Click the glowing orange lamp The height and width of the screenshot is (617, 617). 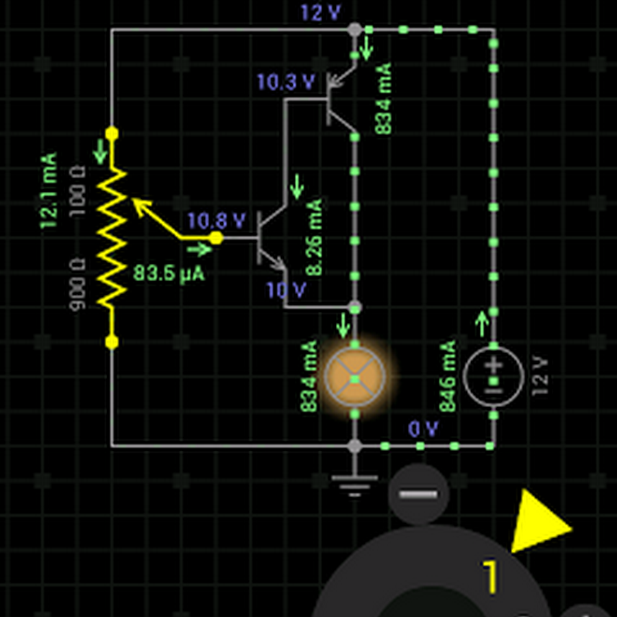pyautogui.click(x=354, y=376)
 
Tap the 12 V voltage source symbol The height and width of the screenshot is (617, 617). pyautogui.click(x=494, y=377)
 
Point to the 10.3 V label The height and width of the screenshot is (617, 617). pyautogui.click(x=285, y=82)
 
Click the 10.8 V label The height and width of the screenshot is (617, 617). pyautogui.click(x=216, y=221)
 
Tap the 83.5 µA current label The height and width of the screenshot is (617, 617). pyautogui.click(x=169, y=274)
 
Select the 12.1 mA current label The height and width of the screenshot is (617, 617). pyautogui.click(x=48, y=192)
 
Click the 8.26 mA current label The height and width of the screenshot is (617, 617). pyautogui.click(x=314, y=237)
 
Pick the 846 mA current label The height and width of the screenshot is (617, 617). pyautogui.click(x=448, y=376)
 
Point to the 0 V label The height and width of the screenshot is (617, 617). pyautogui.click(x=423, y=429)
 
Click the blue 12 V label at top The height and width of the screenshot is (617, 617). pyautogui.click(x=320, y=12)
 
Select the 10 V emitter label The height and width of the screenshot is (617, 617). pyautogui.click(x=286, y=291)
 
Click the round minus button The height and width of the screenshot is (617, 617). pyautogui.click(x=418, y=494)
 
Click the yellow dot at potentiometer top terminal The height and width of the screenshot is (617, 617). pyautogui.click(x=112, y=133)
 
